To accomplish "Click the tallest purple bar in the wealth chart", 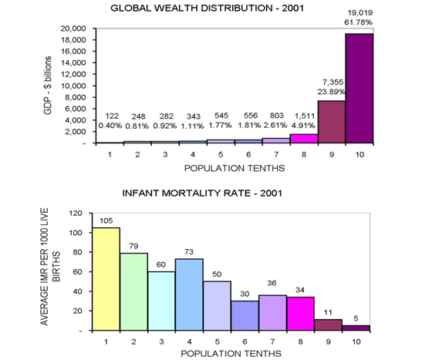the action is point(359,89).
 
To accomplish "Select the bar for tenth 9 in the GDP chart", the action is point(332,122).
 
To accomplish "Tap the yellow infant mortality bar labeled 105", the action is point(106,279).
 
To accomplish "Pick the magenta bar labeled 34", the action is point(300,314).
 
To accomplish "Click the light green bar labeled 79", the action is point(134,291).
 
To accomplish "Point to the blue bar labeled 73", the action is point(189,294).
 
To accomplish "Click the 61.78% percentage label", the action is point(359,22).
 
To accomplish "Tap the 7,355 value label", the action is point(333,82).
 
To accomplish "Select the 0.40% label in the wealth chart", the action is point(110,126).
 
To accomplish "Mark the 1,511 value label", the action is point(305,116).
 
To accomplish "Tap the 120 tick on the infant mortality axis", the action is point(76,214).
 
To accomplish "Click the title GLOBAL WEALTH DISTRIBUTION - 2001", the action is point(207,8).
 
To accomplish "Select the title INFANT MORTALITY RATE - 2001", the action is point(202,193).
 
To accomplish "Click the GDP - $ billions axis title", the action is point(48,86).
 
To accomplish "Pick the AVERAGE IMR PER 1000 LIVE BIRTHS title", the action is point(50,267).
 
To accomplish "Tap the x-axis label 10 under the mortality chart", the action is point(356,341).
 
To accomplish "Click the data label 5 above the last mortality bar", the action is point(356,318).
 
